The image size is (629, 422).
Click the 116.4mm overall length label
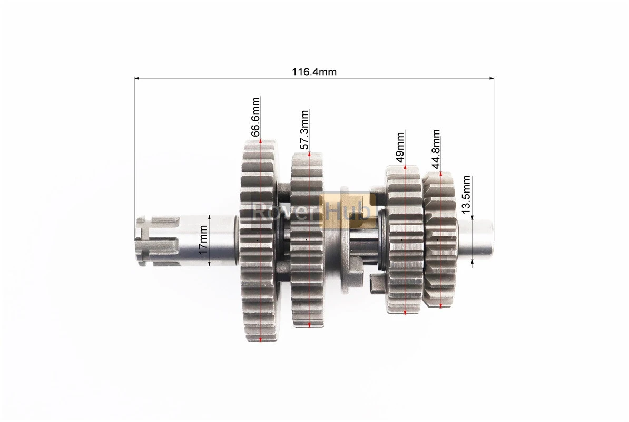click(x=314, y=72)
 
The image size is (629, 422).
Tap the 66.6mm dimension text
click(x=255, y=117)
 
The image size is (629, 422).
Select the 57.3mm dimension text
click(x=305, y=130)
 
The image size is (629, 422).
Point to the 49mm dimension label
click(x=400, y=147)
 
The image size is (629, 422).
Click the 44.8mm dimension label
click(x=436, y=149)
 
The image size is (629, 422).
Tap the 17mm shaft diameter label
click(x=203, y=239)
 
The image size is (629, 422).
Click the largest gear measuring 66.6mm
click(x=260, y=241)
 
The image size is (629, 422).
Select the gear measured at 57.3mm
click(x=307, y=240)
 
